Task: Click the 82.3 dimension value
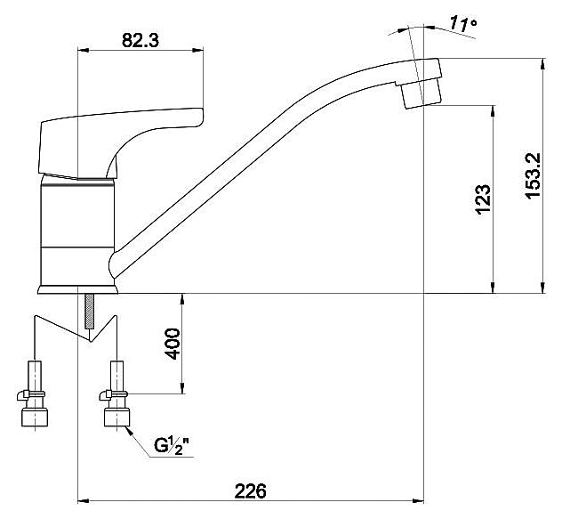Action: pos(140,40)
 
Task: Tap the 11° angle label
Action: pos(463,24)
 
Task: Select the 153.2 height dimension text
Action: pos(532,175)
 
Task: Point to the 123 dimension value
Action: pos(483,199)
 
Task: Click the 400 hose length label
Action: pos(173,344)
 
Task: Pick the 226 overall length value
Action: pos(251,491)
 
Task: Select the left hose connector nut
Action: pos(35,418)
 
